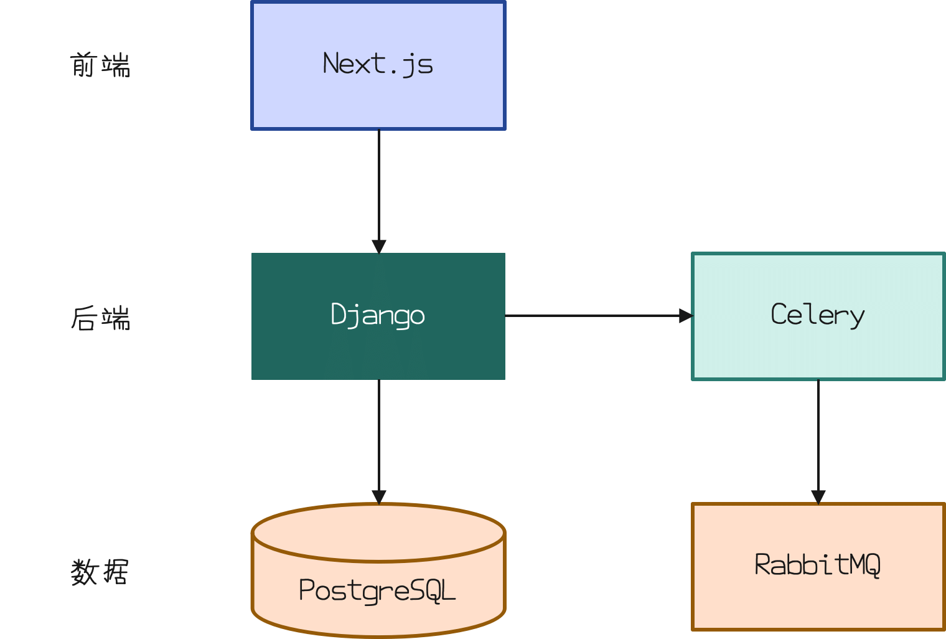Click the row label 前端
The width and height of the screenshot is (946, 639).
pyautogui.click(x=100, y=65)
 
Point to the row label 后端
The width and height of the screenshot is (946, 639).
pyautogui.click(x=100, y=318)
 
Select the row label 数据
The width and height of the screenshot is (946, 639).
pyautogui.click(x=100, y=572)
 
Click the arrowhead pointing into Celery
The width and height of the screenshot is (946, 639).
pyautogui.click(x=686, y=316)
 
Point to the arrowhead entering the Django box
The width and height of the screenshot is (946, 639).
pyautogui.click(x=378, y=246)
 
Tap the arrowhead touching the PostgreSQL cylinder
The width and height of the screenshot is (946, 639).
pyautogui.click(x=378, y=497)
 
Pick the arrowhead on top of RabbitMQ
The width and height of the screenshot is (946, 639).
pyautogui.click(x=818, y=496)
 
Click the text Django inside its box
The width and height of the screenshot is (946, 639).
pyautogui.click(x=378, y=315)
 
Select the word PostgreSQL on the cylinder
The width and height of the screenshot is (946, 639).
pyautogui.click(x=378, y=590)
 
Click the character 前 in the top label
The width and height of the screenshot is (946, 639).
pyautogui.click(x=83, y=65)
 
